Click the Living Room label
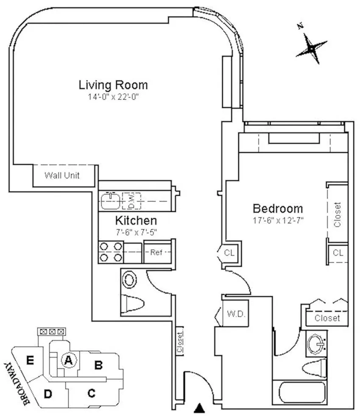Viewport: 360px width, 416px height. (113, 85)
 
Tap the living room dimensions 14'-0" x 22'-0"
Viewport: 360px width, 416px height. (113, 97)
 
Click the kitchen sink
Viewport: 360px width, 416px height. (111, 200)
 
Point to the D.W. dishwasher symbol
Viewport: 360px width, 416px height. (131, 200)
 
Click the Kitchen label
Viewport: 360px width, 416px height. (136, 221)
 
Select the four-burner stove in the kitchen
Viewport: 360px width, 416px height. (111, 252)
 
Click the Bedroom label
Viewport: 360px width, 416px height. (278, 209)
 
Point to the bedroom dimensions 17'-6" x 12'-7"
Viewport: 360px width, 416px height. (278, 220)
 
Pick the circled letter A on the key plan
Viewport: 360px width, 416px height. (67, 360)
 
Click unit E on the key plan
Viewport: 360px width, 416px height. (30, 360)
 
